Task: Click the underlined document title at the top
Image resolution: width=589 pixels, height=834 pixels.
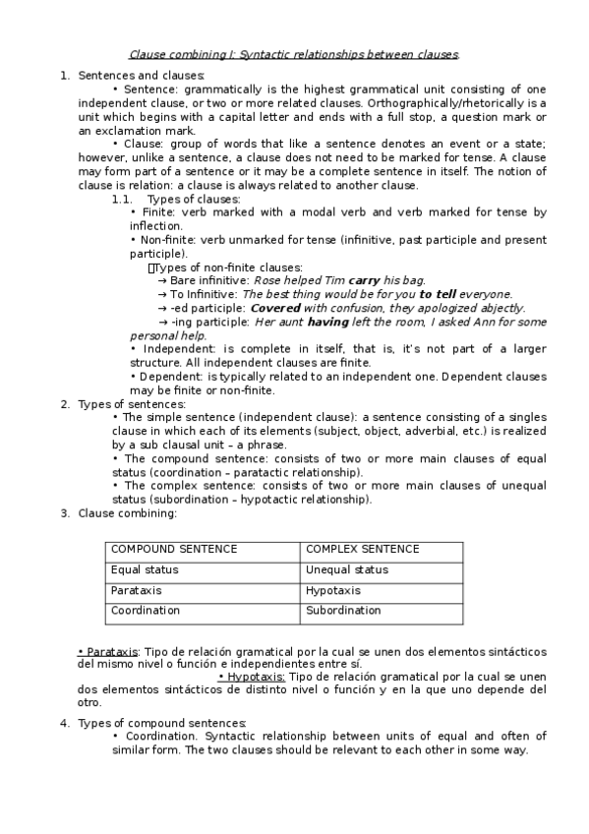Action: (295, 55)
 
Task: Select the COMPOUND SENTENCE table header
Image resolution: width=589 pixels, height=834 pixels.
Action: (174, 549)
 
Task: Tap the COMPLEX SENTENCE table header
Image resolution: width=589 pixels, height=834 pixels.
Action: (363, 549)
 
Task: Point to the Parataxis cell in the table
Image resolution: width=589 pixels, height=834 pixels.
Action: (137, 590)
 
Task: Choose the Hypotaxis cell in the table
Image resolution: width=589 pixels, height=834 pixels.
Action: (333, 590)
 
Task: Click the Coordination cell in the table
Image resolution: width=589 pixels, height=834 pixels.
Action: (146, 610)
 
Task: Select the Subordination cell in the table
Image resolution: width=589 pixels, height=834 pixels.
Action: (343, 610)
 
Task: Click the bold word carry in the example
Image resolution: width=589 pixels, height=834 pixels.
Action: (364, 280)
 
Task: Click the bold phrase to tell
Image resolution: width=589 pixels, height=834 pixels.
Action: (439, 294)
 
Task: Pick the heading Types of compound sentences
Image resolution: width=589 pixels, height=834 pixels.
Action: (161, 724)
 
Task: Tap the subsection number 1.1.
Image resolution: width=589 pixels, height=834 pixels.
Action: (122, 199)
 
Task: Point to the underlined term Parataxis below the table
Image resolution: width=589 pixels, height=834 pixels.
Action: (109, 651)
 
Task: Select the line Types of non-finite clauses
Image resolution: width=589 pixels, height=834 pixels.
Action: (227, 267)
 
